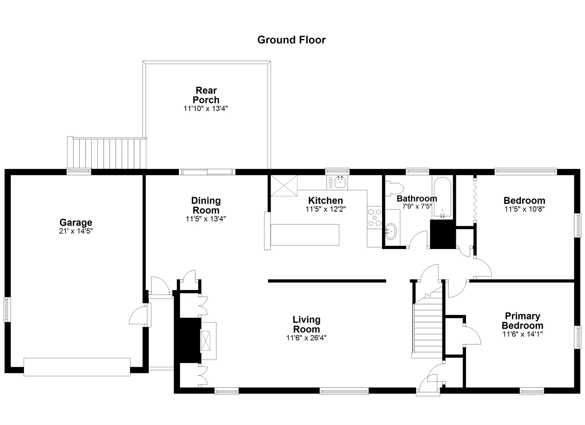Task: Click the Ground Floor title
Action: click(x=291, y=40)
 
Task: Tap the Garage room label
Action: click(x=76, y=222)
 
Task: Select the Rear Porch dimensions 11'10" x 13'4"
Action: click(x=206, y=109)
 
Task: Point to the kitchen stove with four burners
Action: click(x=374, y=217)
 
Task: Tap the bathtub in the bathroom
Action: click(x=442, y=198)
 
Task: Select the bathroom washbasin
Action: click(x=391, y=231)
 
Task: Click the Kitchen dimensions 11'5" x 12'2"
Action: click(x=325, y=209)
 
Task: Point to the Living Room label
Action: click(x=307, y=324)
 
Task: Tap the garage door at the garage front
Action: click(x=77, y=367)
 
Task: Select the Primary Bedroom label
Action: click(x=523, y=321)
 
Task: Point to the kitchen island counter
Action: click(x=305, y=235)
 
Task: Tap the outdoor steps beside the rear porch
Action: click(x=107, y=153)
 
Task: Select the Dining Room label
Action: click(x=206, y=205)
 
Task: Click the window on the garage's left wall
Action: click(x=7, y=309)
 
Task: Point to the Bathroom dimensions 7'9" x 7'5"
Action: click(x=417, y=206)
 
